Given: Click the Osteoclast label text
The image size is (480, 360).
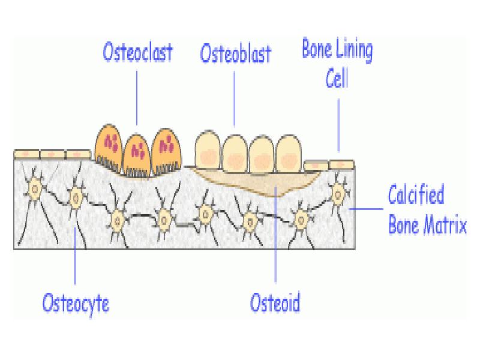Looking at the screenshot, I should pos(137,52).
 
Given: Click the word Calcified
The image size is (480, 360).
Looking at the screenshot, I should pos(416,196).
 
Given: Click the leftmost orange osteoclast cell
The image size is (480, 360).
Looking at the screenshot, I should pos(109,147).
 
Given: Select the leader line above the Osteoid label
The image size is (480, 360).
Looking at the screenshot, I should pos(275,240).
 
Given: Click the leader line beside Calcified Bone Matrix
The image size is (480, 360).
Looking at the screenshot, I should pos(366,209).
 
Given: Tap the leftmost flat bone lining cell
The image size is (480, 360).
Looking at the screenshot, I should pos(26,155).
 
